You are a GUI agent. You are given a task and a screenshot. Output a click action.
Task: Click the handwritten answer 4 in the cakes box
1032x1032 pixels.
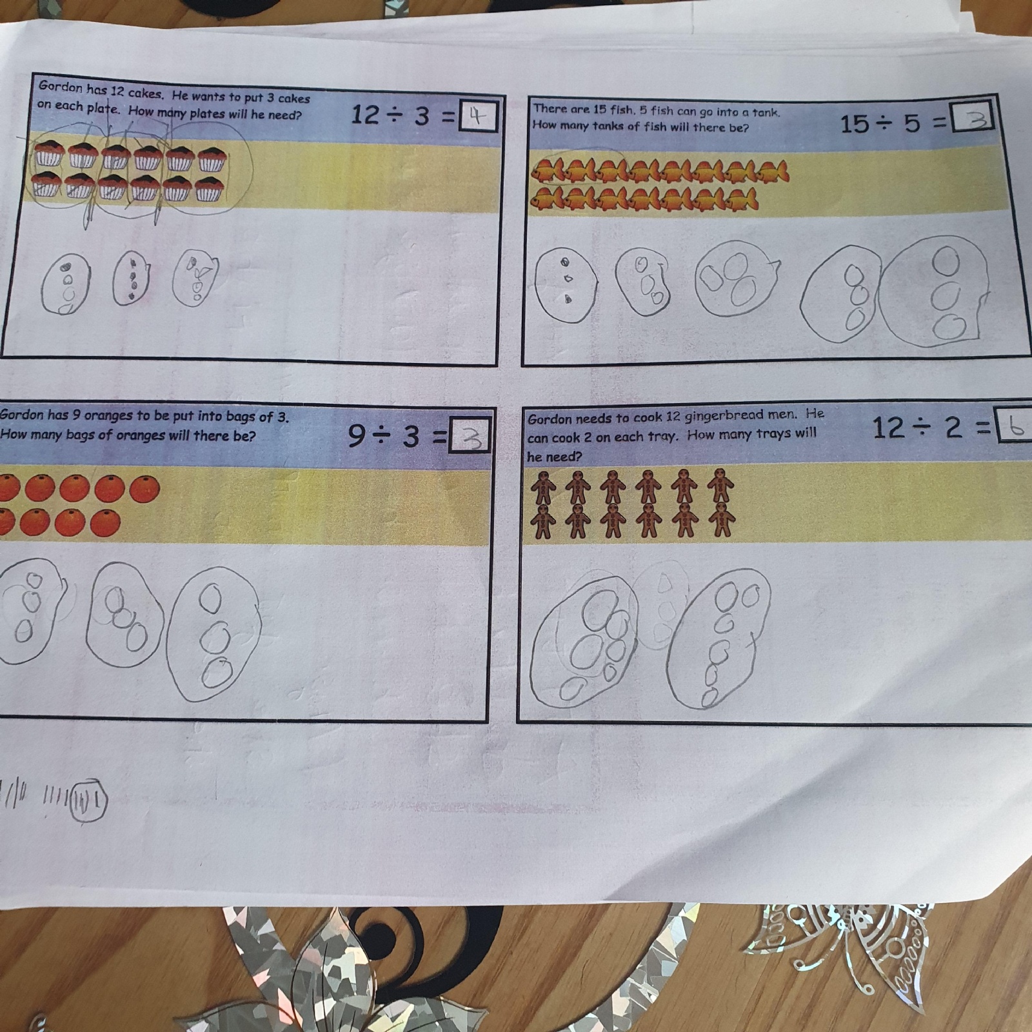tap(477, 117)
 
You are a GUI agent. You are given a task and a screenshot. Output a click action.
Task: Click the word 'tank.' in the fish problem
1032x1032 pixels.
tap(766, 112)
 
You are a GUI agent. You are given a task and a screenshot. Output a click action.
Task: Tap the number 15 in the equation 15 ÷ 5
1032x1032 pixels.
tap(854, 123)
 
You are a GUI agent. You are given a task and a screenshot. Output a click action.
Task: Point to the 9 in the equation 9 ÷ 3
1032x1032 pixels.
tap(357, 436)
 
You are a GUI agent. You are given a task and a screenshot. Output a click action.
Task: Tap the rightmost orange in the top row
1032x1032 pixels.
tap(144, 490)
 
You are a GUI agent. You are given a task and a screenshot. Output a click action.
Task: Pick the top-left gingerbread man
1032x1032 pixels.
tap(543, 487)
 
